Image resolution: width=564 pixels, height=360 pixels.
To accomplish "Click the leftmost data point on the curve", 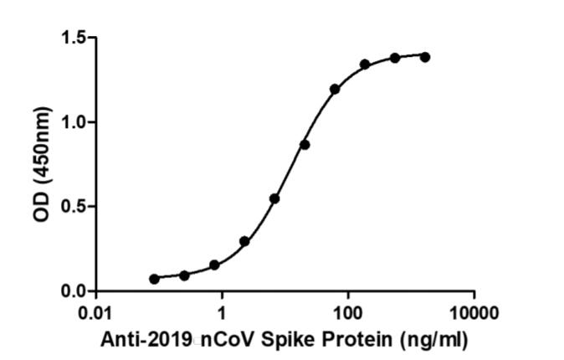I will coord(154,279).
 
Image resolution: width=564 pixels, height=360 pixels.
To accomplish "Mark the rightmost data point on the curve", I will coord(425,57).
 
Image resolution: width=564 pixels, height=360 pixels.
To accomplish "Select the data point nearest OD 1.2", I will coord(335,89).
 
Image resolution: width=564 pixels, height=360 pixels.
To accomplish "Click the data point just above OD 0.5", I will coord(274,198).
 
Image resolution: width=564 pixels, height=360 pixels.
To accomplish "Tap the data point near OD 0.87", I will coord(305,145).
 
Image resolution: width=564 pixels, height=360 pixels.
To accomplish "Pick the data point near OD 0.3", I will coord(244,241).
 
